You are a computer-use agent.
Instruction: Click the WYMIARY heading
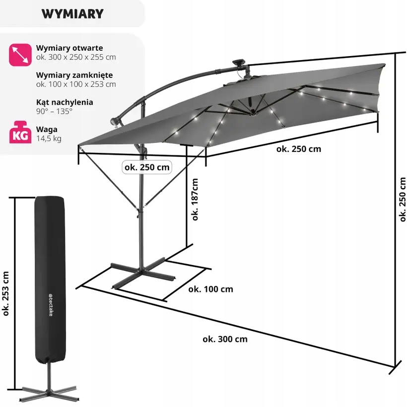72,14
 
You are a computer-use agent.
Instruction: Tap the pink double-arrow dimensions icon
20,55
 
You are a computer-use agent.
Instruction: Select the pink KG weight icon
20,133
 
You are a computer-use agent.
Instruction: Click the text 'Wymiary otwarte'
69,48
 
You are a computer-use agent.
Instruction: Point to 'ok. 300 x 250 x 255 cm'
76,57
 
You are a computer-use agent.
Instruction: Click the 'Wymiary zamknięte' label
74,75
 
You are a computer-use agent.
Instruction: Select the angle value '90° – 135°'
54,111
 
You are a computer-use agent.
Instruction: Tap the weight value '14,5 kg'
49,138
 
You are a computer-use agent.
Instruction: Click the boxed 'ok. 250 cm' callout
147,167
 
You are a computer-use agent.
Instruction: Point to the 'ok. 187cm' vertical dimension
195,200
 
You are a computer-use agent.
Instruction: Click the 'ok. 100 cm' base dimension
210,289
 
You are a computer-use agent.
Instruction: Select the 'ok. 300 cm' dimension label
225,339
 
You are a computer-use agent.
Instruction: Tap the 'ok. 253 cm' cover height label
6,294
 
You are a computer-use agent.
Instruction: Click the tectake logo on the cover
51,305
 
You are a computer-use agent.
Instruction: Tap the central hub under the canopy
252,112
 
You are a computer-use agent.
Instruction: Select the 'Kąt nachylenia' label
65,102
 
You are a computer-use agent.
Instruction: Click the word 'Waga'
47,129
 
